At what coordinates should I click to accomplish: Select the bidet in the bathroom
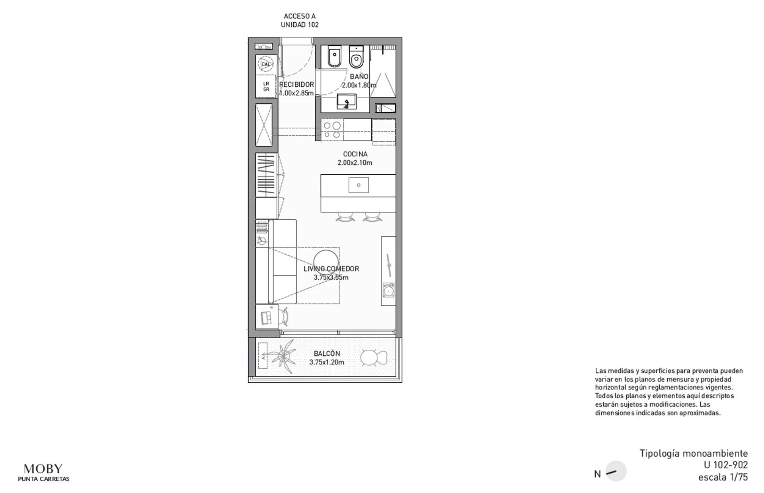pos(334,57)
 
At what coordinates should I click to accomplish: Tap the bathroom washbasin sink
pos(347,102)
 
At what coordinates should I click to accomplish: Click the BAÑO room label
pos(359,76)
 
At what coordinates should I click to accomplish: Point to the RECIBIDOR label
pos(296,84)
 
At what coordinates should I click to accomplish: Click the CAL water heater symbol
pos(265,64)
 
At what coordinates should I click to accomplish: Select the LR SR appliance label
pos(266,86)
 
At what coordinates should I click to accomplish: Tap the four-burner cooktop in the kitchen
pos(332,130)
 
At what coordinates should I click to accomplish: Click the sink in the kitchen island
pos(359,185)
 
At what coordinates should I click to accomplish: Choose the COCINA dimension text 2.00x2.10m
pos(355,163)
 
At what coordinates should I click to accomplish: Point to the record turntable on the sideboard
pos(388,290)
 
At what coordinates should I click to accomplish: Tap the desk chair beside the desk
pos(283,317)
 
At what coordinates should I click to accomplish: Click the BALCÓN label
pos(327,353)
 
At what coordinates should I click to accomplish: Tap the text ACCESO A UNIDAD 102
pos(300,20)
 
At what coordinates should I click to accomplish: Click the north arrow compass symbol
pos(616,472)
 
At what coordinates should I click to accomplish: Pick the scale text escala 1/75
pos(723,477)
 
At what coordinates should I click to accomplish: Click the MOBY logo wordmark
pos(43,468)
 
